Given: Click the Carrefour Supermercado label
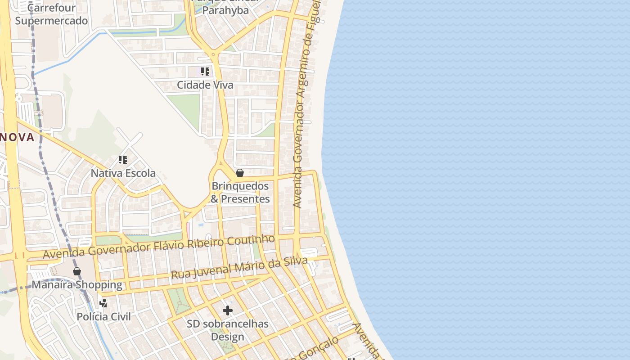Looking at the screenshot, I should [51, 14].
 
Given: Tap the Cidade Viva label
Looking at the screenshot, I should [205, 85].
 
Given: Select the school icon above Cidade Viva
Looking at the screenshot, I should [205, 72].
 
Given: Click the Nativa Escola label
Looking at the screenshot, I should [123, 173].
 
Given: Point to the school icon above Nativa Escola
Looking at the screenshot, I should [122, 160].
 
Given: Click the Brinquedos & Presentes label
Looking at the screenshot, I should [240, 193].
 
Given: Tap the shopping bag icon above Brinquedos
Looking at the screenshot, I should [240, 173].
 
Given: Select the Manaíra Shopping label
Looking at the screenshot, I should [76, 285].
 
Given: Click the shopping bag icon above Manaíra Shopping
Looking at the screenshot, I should [77, 271].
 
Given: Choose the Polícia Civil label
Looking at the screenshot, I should [103, 316].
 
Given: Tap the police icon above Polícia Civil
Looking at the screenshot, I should [103, 303].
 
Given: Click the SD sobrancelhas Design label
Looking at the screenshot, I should [227, 330].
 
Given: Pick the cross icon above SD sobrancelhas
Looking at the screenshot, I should [228, 310].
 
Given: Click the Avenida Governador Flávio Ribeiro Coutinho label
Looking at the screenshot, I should [158, 247].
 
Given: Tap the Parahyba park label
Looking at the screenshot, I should [225, 9].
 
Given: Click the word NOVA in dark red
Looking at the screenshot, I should [17, 137].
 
